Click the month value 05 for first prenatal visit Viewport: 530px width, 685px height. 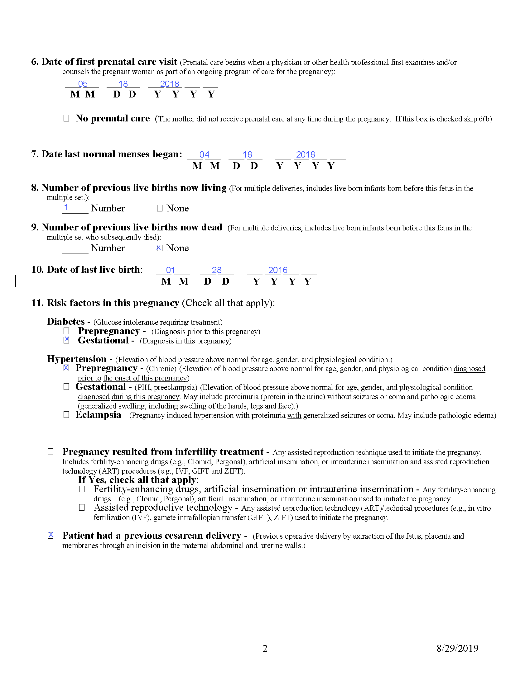(x=83, y=84)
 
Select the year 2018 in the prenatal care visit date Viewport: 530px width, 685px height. (x=170, y=84)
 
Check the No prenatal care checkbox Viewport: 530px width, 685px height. (x=66, y=118)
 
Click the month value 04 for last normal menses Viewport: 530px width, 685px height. (x=205, y=155)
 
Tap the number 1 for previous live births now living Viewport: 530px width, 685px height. (x=66, y=207)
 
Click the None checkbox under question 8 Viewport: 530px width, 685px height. (x=160, y=208)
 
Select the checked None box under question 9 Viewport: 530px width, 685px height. (x=160, y=248)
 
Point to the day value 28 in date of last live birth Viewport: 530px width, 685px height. (x=217, y=270)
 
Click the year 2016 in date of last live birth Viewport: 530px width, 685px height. (x=277, y=270)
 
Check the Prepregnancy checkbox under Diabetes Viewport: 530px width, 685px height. (x=66, y=331)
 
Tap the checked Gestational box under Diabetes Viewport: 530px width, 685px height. (x=66, y=340)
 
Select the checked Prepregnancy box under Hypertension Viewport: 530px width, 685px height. (x=66, y=368)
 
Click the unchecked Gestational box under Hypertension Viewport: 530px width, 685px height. (x=66, y=387)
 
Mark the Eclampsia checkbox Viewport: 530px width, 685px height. (x=66, y=415)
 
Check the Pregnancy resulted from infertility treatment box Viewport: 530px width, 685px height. (x=51, y=452)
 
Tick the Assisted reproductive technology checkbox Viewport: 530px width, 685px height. (x=82, y=508)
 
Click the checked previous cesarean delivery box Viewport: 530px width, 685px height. (x=51, y=536)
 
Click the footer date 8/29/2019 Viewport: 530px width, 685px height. (x=457, y=648)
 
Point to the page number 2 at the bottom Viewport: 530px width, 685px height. (x=265, y=648)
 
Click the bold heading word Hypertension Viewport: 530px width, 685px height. (x=77, y=359)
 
